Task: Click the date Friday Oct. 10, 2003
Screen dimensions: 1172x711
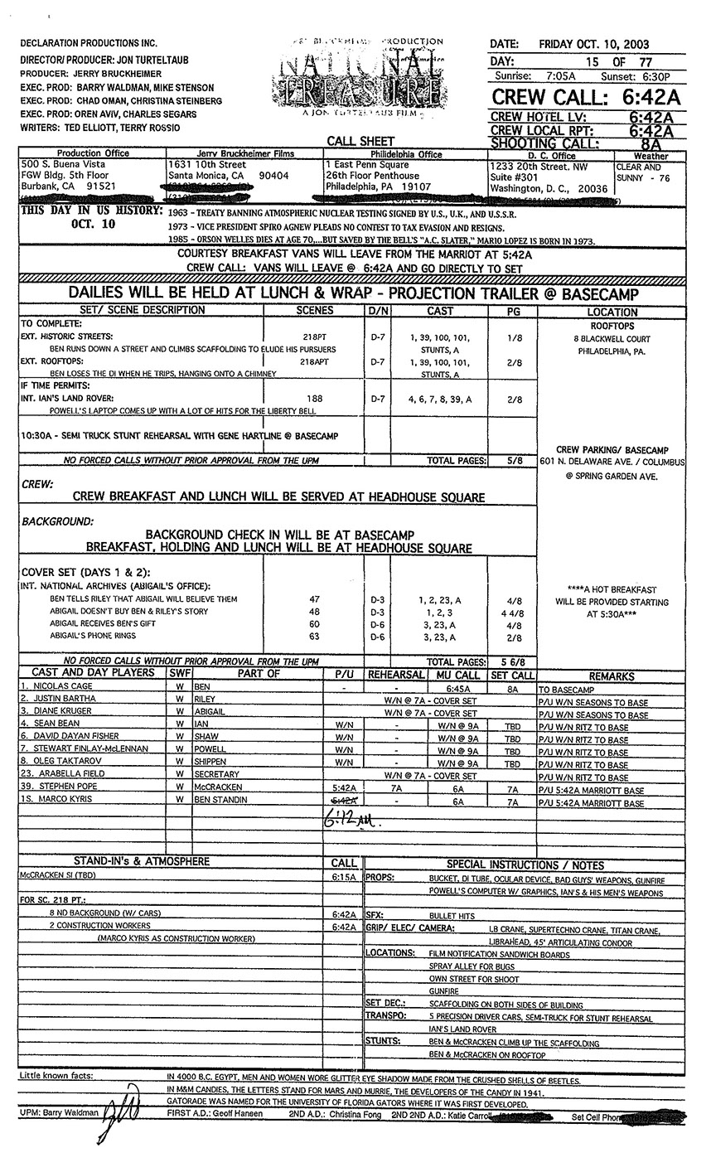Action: pos(593,44)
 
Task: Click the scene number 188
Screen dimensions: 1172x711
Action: pos(315,399)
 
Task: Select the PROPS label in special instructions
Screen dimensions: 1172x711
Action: pos(379,877)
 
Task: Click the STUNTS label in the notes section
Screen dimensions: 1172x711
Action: pos(382,1041)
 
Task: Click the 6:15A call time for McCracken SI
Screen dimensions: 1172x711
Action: pos(343,877)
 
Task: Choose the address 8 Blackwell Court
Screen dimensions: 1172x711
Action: pos(612,339)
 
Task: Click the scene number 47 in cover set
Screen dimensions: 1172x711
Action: pos(314,598)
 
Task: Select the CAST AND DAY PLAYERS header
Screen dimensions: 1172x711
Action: pos(92,673)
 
